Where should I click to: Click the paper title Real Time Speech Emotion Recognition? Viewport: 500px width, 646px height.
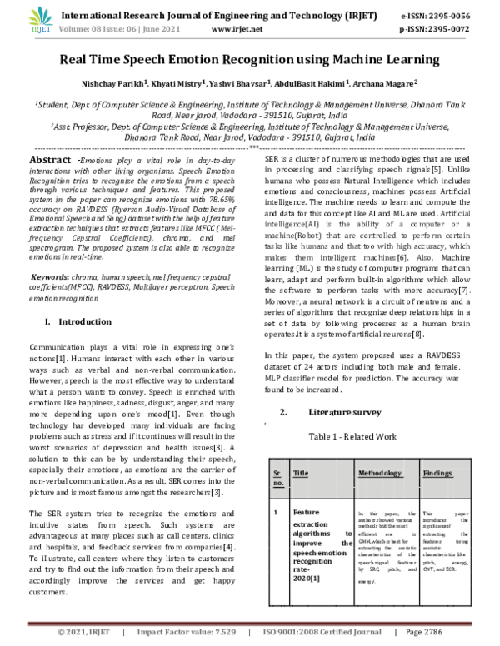(x=249, y=59)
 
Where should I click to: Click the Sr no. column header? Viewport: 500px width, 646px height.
(x=277, y=477)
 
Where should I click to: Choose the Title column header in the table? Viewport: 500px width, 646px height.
(x=301, y=472)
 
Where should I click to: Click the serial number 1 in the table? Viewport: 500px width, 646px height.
(x=276, y=512)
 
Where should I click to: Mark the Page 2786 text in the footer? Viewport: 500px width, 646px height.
(x=445, y=634)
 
